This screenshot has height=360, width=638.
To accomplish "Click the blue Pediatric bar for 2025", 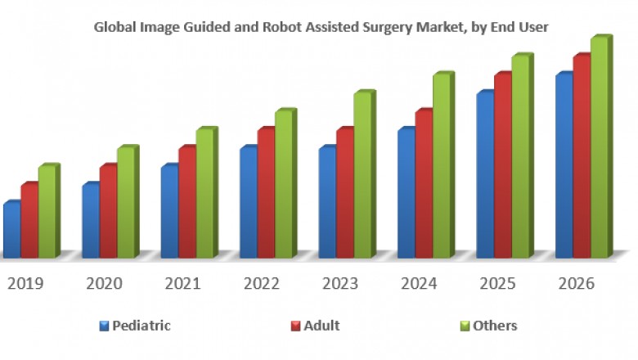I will [485, 176].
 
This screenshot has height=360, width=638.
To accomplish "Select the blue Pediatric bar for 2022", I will [248, 203].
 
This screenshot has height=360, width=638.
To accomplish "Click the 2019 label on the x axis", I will [25, 284].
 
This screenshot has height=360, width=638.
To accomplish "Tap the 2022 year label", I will [262, 284].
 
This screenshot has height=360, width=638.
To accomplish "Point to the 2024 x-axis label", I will [419, 284].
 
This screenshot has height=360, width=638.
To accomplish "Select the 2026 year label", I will [576, 284].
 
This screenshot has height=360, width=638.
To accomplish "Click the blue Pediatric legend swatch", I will [104, 326].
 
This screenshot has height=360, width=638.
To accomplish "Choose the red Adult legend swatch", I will [296, 326].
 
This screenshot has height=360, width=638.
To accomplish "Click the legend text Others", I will [495, 326].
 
